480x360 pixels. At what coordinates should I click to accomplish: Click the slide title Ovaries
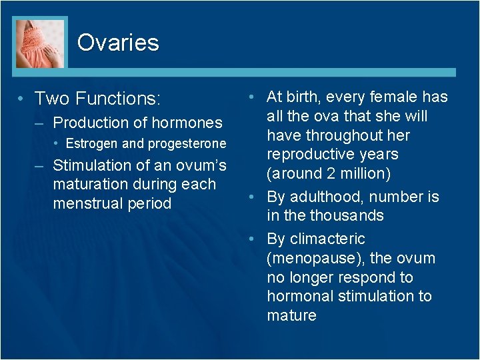pyautogui.click(x=118, y=43)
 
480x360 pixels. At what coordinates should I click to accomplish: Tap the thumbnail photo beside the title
pyautogui.click(x=41, y=43)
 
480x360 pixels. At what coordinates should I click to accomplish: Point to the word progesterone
pyautogui.click(x=187, y=144)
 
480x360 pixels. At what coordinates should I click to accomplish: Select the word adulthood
pyautogui.click(x=322, y=197)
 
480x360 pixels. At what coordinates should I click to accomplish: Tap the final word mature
pyautogui.click(x=291, y=315)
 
